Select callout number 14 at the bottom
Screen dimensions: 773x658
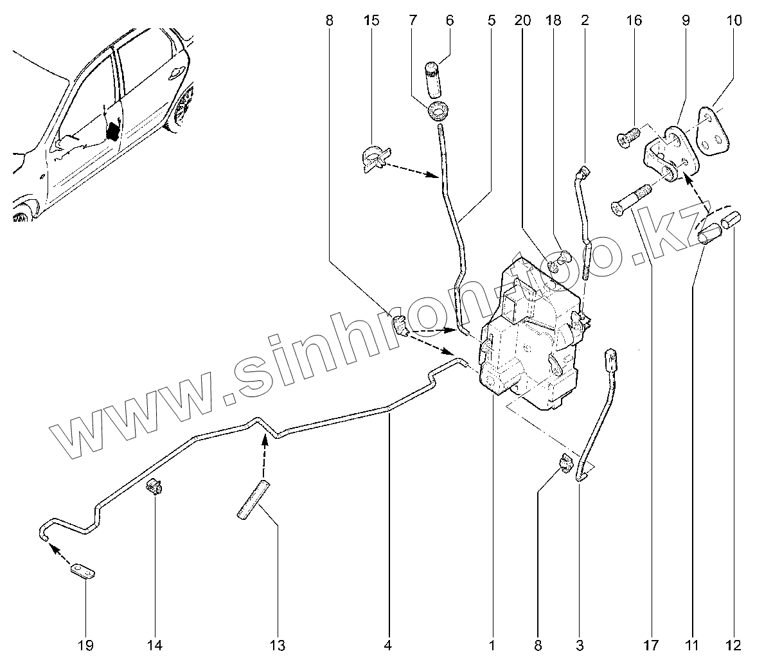coord(155,645)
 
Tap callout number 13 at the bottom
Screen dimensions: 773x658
coord(278,645)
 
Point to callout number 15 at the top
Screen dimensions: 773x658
coord(371,21)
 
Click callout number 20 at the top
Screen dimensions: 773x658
coord(522,21)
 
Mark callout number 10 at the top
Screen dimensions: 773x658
coord(734,21)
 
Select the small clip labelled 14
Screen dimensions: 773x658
coord(154,488)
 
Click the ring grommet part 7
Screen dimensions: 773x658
coord(438,111)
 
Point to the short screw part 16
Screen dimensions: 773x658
coord(629,137)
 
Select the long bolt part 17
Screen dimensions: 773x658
coord(630,200)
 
